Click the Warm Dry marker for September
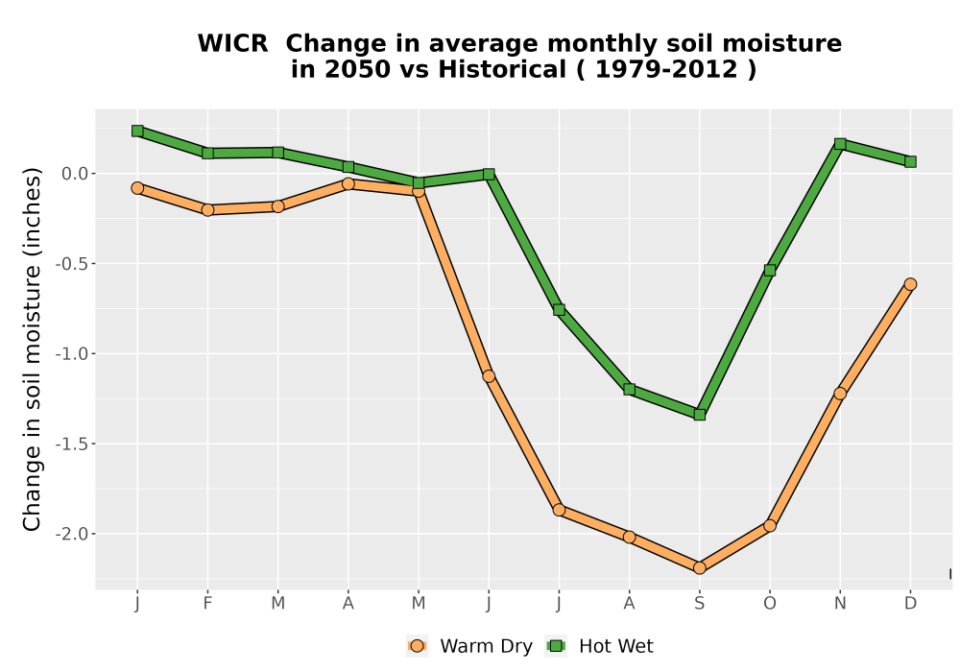[x=699, y=568]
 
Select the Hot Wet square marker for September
[x=699, y=415]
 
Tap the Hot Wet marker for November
[x=840, y=144]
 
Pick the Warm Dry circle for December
[x=910, y=284]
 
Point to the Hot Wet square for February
[x=207, y=153]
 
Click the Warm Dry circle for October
[x=770, y=525]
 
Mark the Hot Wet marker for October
[x=770, y=270]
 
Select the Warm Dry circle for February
[x=207, y=210]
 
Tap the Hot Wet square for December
[x=910, y=161]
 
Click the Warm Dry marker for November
[x=840, y=394]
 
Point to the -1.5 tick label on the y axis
[x=72, y=444]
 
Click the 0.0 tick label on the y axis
[x=75, y=174]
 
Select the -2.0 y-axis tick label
[x=72, y=534]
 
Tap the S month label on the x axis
[x=699, y=604]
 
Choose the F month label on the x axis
[x=207, y=604]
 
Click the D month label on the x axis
[x=910, y=604]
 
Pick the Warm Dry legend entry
[x=469, y=646]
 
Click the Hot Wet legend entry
[x=599, y=646]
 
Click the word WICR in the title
[x=232, y=43]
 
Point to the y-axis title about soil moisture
[x=32, y=349]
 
